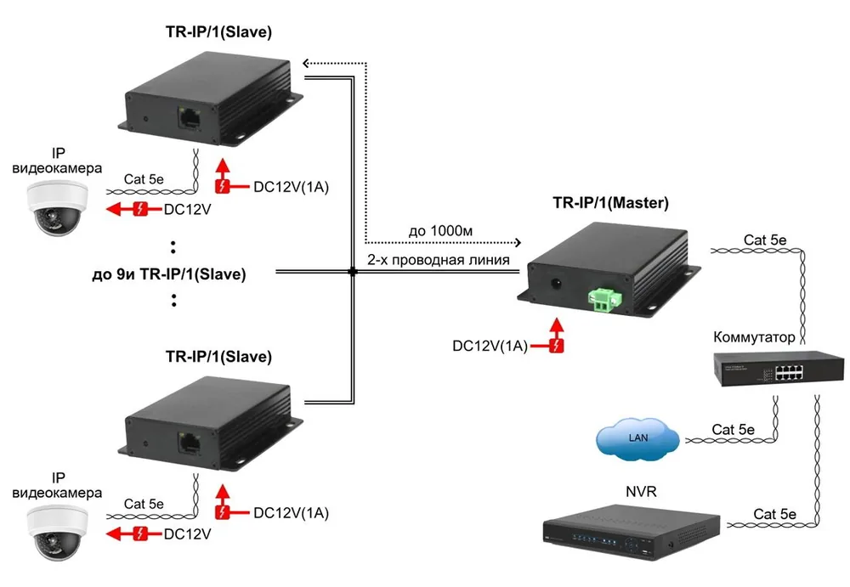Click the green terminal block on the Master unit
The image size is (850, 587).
tap(605, 300)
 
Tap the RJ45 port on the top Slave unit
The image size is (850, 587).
tap(190, 117)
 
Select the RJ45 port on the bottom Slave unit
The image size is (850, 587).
tap(190, 443)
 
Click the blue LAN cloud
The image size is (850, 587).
tap(638, 438)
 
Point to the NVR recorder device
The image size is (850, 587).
tap(632, 532)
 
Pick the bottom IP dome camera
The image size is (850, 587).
tap(58, 533)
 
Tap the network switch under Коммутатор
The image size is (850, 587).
tap(779, 368)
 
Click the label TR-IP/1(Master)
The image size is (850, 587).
tap(610, 203)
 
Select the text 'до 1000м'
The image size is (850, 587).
tap(440, 231)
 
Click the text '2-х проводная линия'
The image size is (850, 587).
tap(438, 260)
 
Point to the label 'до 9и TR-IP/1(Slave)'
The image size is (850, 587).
tap(169, 274)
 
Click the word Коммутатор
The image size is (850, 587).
tap(754, 337)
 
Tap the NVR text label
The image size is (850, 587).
tap(641, 492)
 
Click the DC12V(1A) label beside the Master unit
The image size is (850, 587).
tap(490, 346)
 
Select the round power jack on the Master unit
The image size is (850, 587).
tap(555, 284)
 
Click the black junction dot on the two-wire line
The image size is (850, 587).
tap(353, 272)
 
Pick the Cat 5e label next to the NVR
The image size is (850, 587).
tap(774, 514)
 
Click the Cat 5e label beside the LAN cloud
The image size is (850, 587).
tap(733, 430)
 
